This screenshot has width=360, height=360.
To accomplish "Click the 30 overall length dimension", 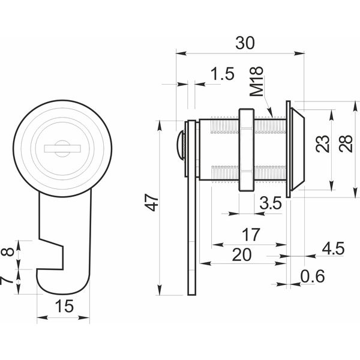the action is (x=245, y=43).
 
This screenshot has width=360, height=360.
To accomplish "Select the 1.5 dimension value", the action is (x=222, y=74).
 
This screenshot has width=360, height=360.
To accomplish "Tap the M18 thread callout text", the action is (x=256, y=82).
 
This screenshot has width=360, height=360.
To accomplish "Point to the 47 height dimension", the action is (x=152, y=203).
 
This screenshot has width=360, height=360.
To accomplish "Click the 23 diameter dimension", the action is (x=323, y=144).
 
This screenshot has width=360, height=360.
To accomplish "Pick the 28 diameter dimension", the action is (x=346, y=143).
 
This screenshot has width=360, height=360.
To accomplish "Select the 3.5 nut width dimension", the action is (x=271, y=203).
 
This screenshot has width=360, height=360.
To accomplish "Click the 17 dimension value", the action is (x=251, y=234).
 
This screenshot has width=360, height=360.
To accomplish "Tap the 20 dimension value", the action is (x=242, y=254).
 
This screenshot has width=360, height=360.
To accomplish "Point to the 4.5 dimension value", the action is (x=334, y=248).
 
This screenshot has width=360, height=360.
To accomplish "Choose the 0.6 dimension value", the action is (x=313, y=276).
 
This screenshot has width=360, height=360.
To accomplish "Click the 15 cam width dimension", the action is (x=64, y=306).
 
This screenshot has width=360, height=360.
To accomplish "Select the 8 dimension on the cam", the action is (x=8, y=252).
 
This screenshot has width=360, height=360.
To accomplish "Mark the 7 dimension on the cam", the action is (x=6, y=281).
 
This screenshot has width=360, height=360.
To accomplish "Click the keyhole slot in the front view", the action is (x=62, y=149).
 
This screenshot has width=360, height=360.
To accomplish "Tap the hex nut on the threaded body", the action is (x=247, y=150).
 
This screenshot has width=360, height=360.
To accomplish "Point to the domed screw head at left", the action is (x=181, y=145).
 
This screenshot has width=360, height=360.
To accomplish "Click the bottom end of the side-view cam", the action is (x=192, y=295).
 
